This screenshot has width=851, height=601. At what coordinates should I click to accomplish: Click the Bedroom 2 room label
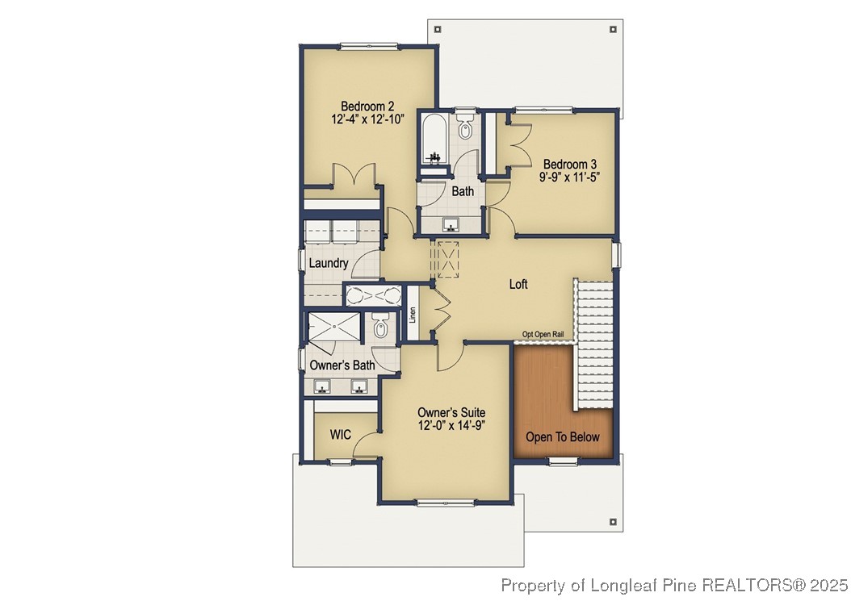click(x=367, y=106)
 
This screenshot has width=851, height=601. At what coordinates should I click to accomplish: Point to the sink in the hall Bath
click(x=452, y=223)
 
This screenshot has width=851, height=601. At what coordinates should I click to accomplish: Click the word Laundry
click(x=329, y=263)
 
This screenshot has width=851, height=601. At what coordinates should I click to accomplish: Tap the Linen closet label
click(x=412, y=315)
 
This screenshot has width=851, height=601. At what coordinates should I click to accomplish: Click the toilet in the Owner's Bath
click(x=381, y=328)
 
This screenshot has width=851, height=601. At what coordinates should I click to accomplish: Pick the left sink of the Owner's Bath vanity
click(x=322, y=386)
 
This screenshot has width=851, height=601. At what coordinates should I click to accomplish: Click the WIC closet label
click(x=341, y=435)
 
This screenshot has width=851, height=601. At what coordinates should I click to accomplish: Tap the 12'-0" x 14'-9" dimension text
click(x=451, y=425)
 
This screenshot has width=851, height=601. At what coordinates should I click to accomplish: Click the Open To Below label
click(x=563, y=437)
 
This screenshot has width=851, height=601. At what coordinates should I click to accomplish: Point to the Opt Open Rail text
click(x=543, y=334)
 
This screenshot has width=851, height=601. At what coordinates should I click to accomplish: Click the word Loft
click(x=518, y=284)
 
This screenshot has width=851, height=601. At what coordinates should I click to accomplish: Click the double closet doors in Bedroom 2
click(x=353, y=175)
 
